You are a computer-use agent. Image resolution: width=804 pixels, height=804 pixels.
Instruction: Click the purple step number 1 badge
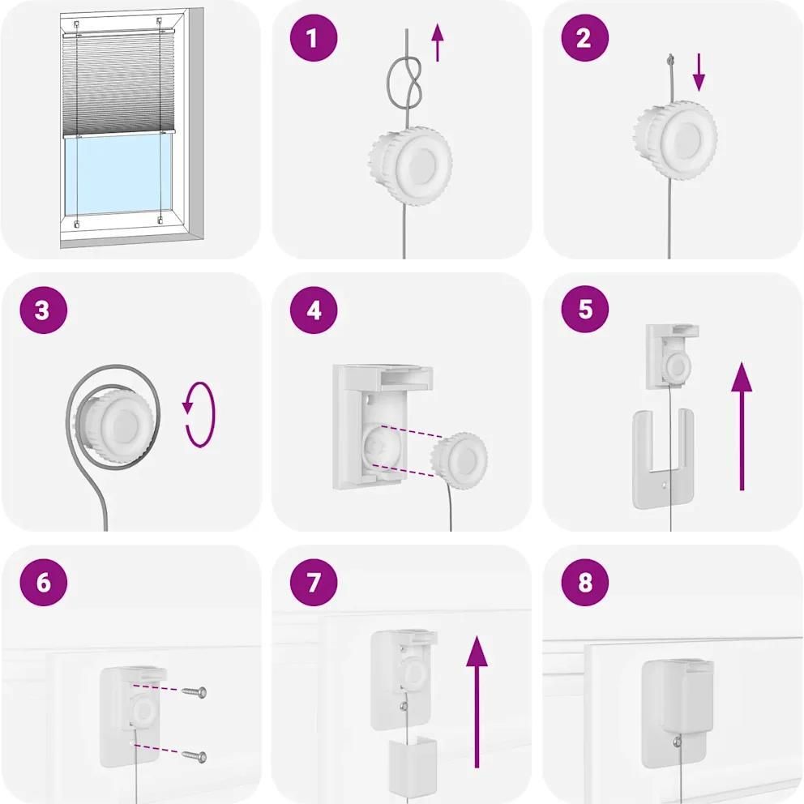point(314,38)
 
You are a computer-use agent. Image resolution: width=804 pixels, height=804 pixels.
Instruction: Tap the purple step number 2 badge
point(584,38)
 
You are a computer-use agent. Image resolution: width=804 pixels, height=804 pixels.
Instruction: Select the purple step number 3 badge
point(44,310)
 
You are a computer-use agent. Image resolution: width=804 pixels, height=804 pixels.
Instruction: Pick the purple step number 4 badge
point(314,310)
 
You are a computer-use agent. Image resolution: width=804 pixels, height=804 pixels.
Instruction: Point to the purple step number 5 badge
point(584,309)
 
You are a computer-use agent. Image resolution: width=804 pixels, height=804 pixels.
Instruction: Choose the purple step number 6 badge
point(44,582)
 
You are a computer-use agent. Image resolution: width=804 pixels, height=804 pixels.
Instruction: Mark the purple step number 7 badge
point(314,582)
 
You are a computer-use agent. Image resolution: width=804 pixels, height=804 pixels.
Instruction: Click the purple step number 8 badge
point(584,582)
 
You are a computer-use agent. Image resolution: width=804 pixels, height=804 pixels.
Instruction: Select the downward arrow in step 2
point(699,74)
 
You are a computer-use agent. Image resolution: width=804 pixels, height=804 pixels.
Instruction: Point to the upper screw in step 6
point(195,692)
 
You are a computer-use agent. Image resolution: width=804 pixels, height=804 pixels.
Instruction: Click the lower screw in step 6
point(195,756)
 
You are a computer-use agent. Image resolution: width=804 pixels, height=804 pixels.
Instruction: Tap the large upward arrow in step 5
point(742,426)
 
